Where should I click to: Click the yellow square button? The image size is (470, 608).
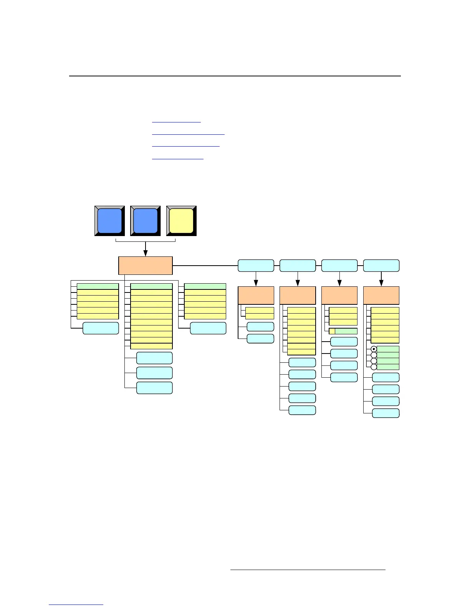181,221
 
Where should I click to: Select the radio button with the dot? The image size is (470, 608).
374,349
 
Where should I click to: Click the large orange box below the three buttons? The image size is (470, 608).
145,266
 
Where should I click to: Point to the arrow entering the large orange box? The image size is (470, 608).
146,251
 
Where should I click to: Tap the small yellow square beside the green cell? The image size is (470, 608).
332,331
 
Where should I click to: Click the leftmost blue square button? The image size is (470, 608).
109,221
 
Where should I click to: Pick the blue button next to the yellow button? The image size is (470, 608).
145,221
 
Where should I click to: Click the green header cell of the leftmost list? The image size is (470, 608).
98,286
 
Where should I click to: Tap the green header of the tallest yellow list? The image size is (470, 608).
151,286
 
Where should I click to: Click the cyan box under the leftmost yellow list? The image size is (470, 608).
101,328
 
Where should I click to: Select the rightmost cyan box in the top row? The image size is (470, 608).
381,266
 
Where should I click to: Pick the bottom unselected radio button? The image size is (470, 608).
374,367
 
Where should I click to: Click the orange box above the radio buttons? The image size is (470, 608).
381,295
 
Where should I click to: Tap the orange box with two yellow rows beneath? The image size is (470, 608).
256,295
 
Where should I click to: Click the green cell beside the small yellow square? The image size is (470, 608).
346,331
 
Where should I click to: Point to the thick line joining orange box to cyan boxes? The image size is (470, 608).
205,266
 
